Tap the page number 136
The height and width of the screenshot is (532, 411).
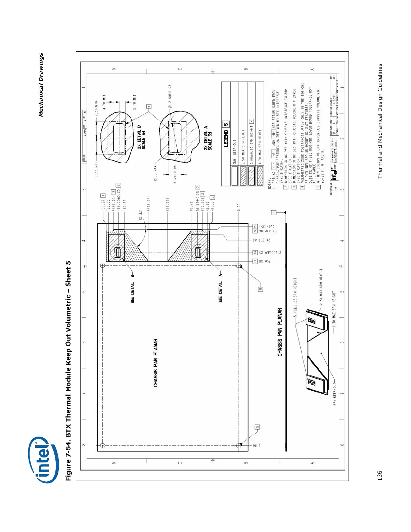tap(380, 476)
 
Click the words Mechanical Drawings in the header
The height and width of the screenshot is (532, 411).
tap(41, 85)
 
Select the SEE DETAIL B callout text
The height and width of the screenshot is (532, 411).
tap(133, 289)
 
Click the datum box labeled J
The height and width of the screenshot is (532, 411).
tap(274, 212)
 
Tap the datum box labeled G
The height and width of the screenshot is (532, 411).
tap(257, 427)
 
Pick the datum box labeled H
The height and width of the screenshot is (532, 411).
tap(260, 289)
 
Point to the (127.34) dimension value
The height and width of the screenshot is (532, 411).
tap(148, 205)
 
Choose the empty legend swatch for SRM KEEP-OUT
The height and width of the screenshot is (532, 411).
tap(235, 176)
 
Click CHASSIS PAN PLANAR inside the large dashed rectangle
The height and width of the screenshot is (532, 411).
tap(155, 363)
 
